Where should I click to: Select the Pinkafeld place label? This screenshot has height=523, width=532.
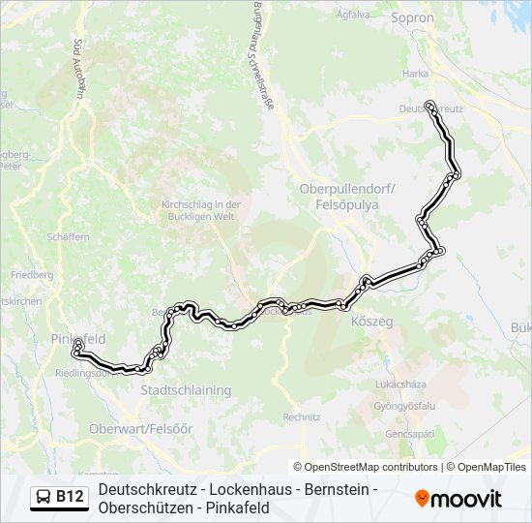pyautogui.click(x=77, y=339)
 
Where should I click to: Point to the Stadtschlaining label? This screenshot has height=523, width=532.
pyautogui.click(x=186, y=390)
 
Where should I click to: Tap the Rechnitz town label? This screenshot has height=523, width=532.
pyautogui.click(x=302, y=417)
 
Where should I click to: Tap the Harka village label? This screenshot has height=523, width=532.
pyautogui.click(x=416, y=74)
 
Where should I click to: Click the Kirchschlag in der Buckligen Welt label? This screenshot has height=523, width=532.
pyautogui.click(x=200, y=210)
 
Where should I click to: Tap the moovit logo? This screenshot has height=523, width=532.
pyautogui.click(x=458, y=499)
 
